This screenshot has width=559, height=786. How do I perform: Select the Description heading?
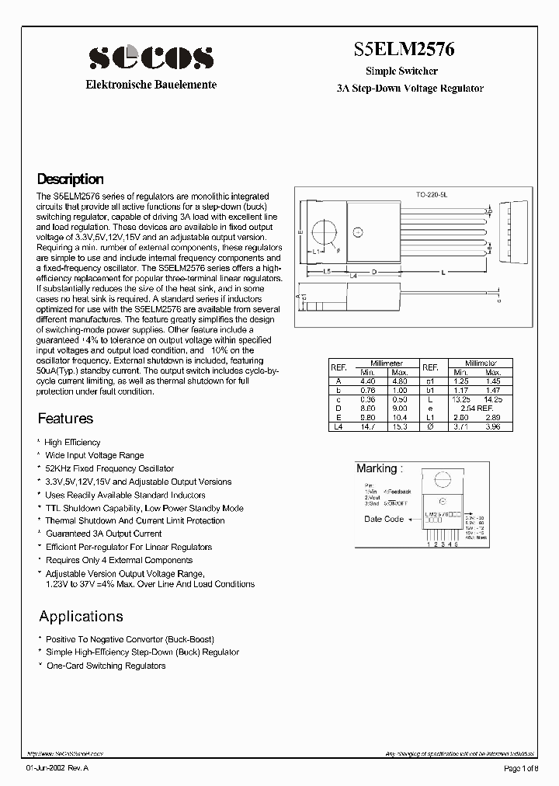(71, 179)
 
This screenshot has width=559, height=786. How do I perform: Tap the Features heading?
(65, 419)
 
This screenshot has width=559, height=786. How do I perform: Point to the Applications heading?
(81, 617)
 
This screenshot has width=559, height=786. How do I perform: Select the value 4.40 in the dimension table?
(367, 381)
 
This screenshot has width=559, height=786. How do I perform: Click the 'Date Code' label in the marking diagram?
(384, 519)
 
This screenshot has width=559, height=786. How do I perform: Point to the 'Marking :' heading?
(380, 468)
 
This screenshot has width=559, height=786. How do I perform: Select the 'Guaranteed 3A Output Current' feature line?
(103, 534)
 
